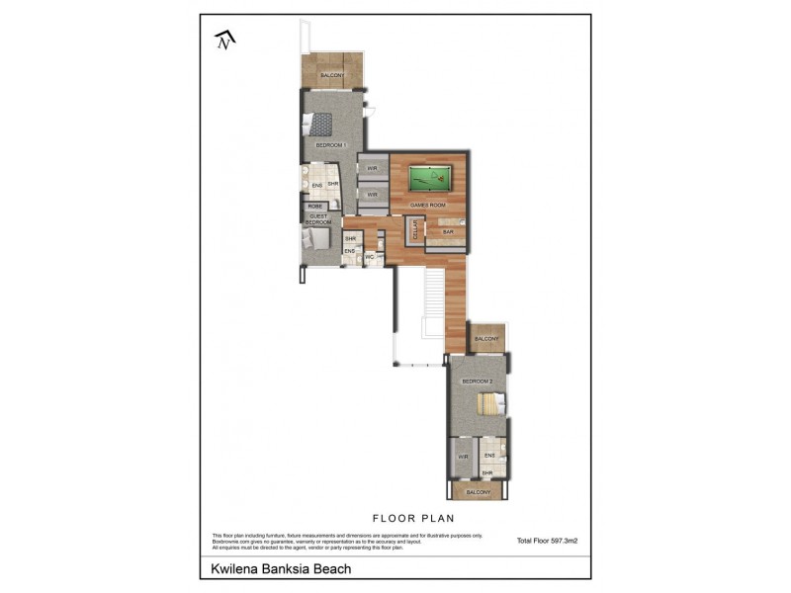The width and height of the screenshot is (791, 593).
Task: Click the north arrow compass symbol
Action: point(226,39)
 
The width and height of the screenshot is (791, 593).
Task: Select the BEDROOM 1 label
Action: point(329,145)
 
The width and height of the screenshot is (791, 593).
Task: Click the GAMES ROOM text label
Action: point(428,205)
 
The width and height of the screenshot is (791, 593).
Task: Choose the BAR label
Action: point(448,232)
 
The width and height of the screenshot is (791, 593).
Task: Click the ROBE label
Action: point(315,206)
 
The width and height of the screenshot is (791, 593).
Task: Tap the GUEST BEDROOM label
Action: point(318,219)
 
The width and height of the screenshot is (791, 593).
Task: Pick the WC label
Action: point(369,257)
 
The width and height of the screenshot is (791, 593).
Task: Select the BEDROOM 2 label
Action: point(478,381)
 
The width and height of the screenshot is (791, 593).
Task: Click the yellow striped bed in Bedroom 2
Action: point(486,404)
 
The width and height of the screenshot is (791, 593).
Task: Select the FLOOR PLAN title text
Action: point(412,517)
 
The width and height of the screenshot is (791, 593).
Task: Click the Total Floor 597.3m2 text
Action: point(547,541)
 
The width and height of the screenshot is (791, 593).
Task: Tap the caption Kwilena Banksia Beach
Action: point(281,569)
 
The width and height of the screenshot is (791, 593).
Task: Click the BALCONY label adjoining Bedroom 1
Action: point(332,75)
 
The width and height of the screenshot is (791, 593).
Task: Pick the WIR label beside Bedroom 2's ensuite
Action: point(462,456)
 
